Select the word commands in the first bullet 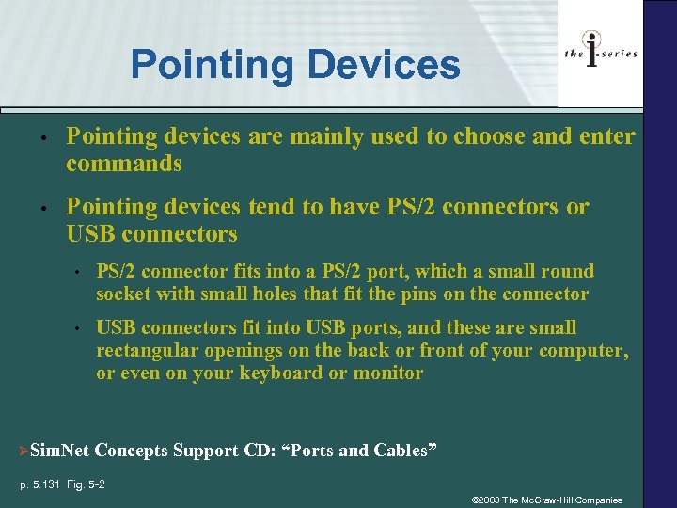click(123, 164)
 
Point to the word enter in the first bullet click(605, 136)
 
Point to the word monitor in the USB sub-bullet click(388, 373)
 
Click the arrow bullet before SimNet click(24, 451)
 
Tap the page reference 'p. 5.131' click(40, 484)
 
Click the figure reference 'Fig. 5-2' click(86, 484)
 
